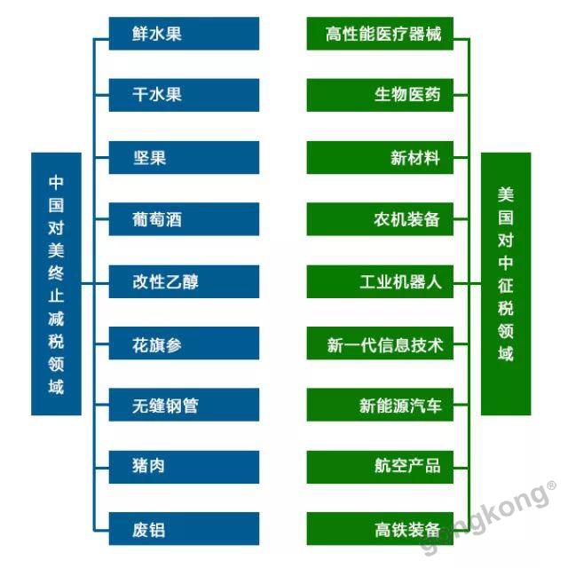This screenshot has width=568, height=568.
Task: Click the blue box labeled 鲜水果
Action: (184, 34)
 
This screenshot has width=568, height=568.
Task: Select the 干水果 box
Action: (184, 95)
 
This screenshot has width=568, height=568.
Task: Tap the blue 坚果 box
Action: (184, 158)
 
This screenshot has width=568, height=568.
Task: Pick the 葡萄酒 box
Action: (184, 219)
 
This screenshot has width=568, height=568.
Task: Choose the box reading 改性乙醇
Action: (184, 281)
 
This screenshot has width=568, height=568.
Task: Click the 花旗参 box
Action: (184, 343)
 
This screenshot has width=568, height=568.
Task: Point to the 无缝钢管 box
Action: (184, 405)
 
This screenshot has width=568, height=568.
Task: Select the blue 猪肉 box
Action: (184, 467)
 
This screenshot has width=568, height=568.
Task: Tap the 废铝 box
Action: (184, 529)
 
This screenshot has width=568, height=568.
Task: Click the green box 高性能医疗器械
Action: (380, 34)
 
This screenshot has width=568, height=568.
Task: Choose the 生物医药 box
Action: (380, 95)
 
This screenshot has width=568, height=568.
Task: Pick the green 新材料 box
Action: (380, 158)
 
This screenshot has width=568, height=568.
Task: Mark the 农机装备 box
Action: (380, 219)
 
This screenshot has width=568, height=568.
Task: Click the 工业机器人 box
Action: (380, 281)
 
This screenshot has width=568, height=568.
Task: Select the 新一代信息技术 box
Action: (380, 343)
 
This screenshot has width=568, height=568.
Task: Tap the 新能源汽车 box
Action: (380, 405)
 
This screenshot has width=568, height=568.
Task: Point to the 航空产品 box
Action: (380, 467)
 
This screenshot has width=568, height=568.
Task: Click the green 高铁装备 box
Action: (380, 529)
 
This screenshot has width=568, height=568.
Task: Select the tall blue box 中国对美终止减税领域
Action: (56, 284)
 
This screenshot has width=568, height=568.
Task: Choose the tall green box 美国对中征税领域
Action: (506, 284)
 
